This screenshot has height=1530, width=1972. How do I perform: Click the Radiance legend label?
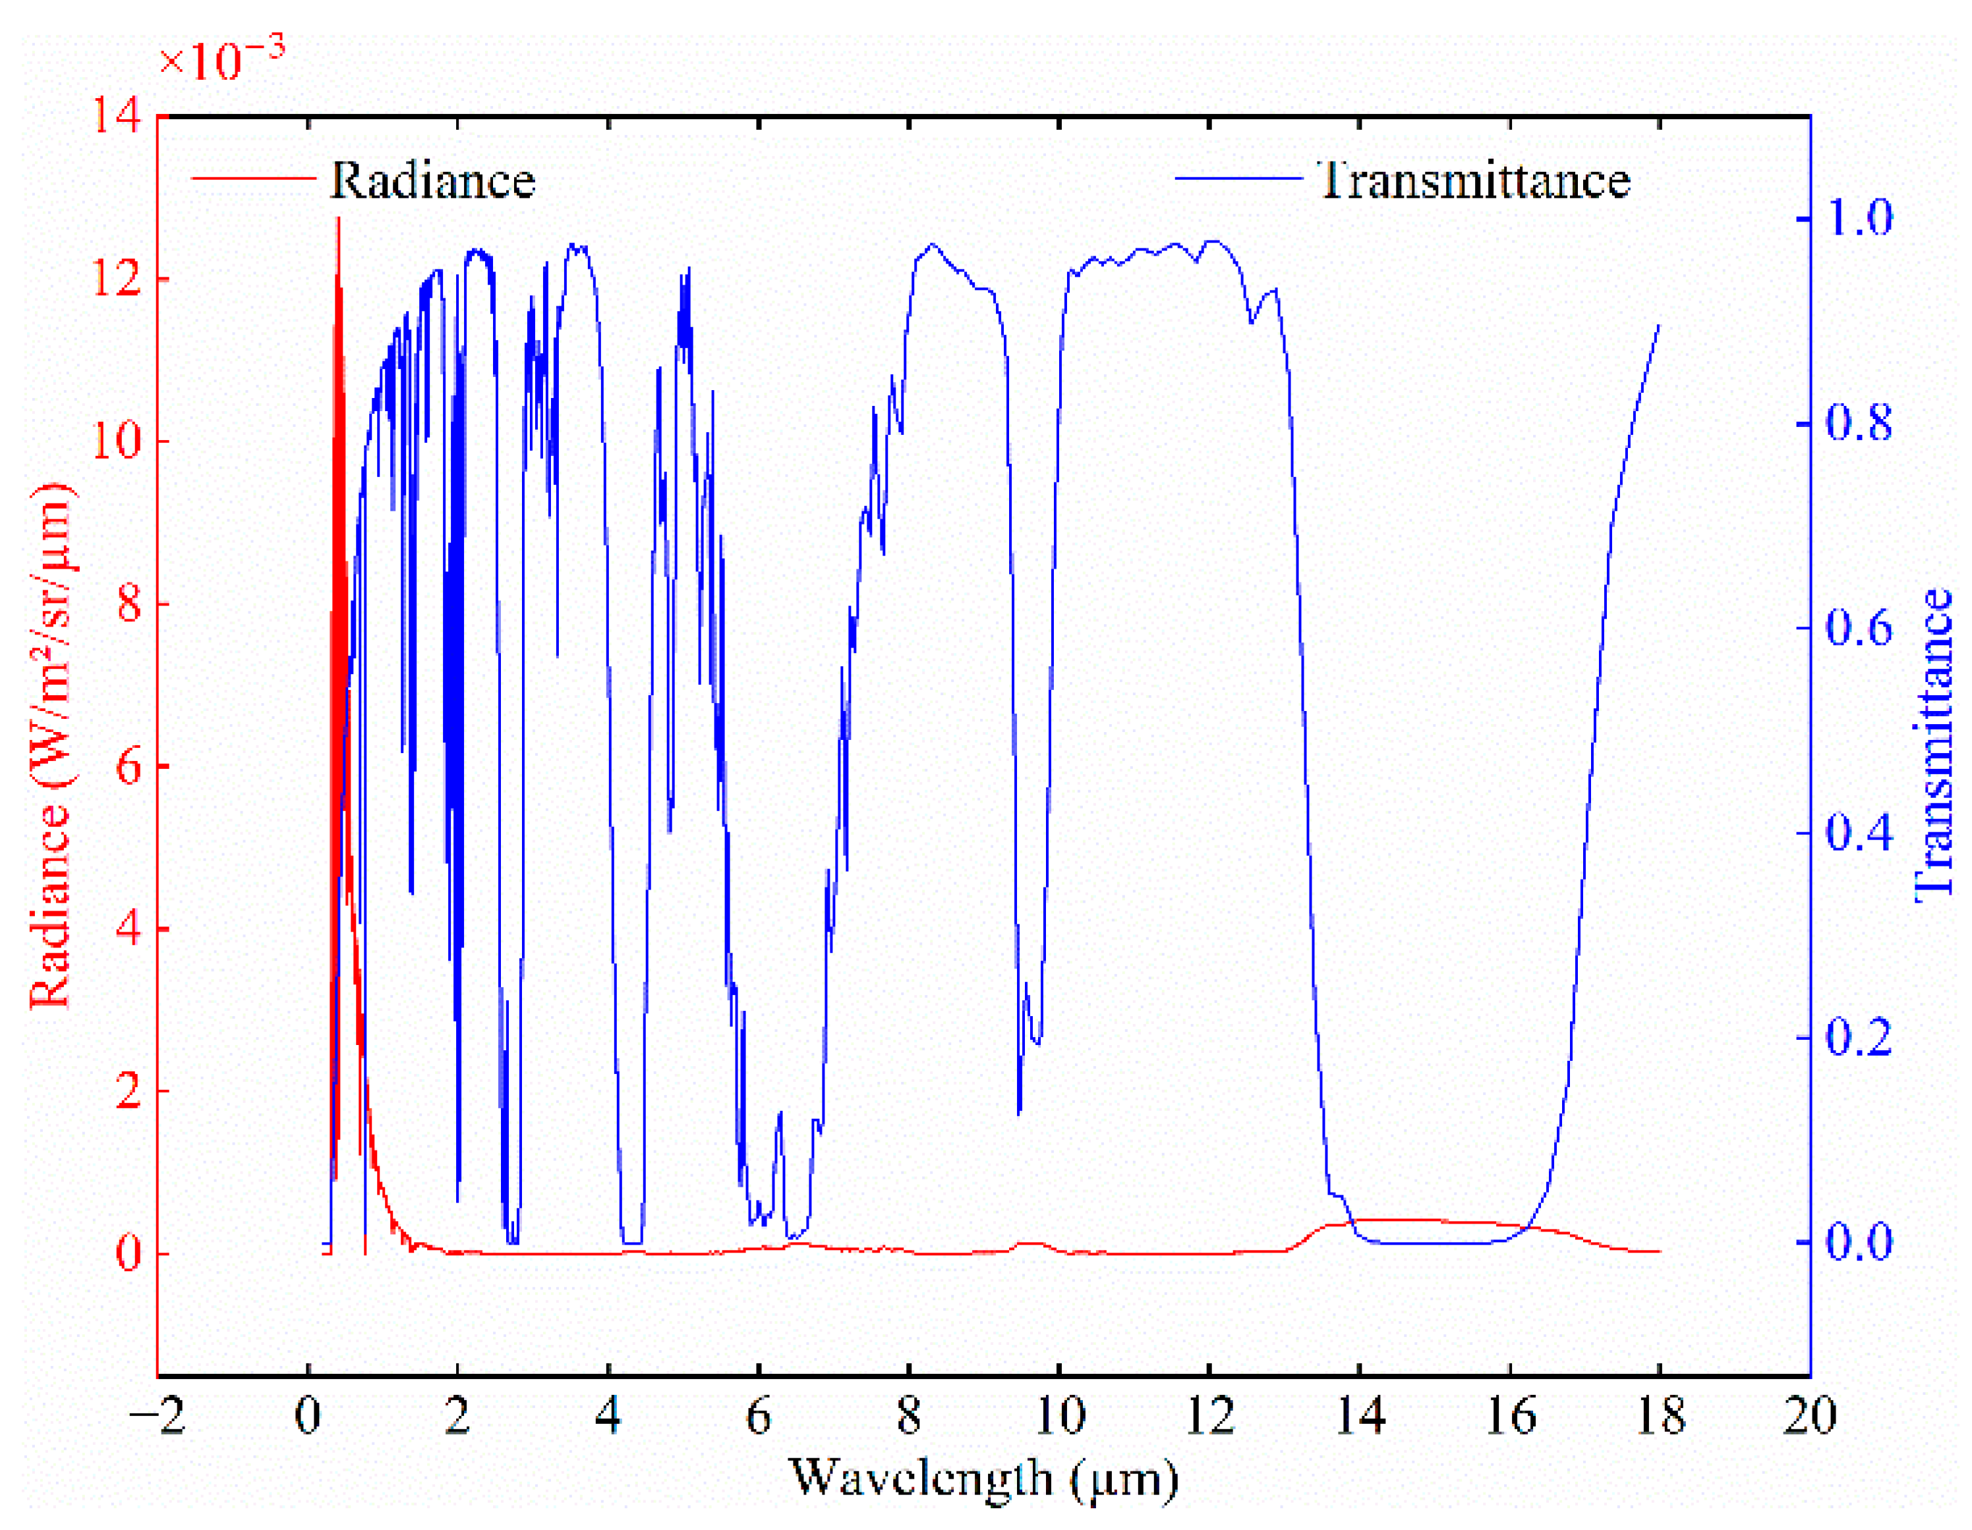[x=432, y=181]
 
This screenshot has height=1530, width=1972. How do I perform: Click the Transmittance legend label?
[x=1474, y=181]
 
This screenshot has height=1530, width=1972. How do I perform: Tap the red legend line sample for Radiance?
[x=254, y=178]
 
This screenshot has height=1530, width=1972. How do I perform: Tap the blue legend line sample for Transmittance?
[x=1238, y=178]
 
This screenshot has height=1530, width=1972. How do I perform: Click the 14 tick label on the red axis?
[x=117, y=117]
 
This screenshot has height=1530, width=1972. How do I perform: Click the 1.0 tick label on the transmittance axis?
[x=1858, y=219]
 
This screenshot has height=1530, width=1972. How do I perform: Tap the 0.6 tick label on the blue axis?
[x=1858, y=628]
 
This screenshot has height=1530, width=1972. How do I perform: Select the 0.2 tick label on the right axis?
[x=1858, y=1038]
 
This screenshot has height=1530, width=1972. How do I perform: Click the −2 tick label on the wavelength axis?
[x=158, y=1415]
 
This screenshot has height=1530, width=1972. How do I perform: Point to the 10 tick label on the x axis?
[x=1059, y=1415]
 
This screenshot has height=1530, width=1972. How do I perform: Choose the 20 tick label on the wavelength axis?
[x=1809, y=1415]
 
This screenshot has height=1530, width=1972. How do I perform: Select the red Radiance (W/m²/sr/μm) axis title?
[x=51, y=746]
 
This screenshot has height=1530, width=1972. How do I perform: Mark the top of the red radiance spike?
[x=339, y=219]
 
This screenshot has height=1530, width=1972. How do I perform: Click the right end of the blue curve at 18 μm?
[x=1660, y=325]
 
